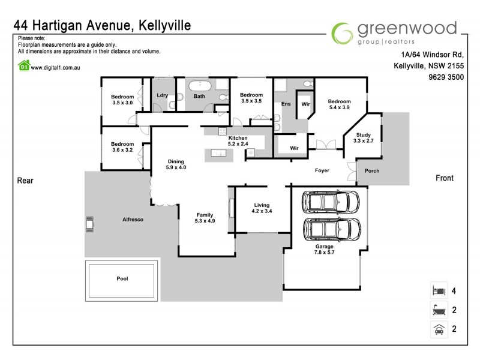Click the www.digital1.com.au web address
click(x=56, y=67)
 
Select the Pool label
click(x=122, y=278)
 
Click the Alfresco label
click(x=133, y=220)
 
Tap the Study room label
click(x=364, y=137)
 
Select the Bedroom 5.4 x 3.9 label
click(x=339, y=104)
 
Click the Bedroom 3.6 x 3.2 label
click(x=122, y=147)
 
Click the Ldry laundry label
click(x=162, y=95)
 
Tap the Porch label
click(x=372, y=171)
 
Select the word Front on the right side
click(x=444, y=178)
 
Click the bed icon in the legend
click(x=438, y=291)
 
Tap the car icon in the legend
click(x=438, y=329)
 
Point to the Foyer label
click(x=322, y=171)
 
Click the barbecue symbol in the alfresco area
click(x=89, y=224)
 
